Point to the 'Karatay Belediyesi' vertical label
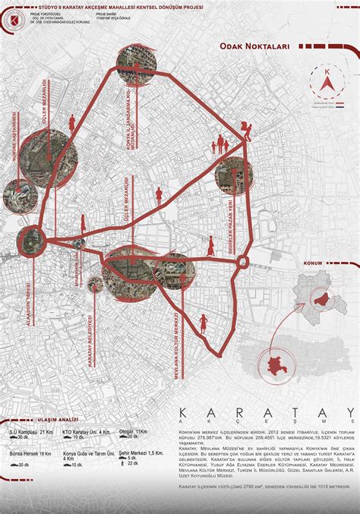(90, 342)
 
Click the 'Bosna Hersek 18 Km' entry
(30, 453)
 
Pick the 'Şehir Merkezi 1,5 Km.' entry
(141, 453)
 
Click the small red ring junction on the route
(243, 263)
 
